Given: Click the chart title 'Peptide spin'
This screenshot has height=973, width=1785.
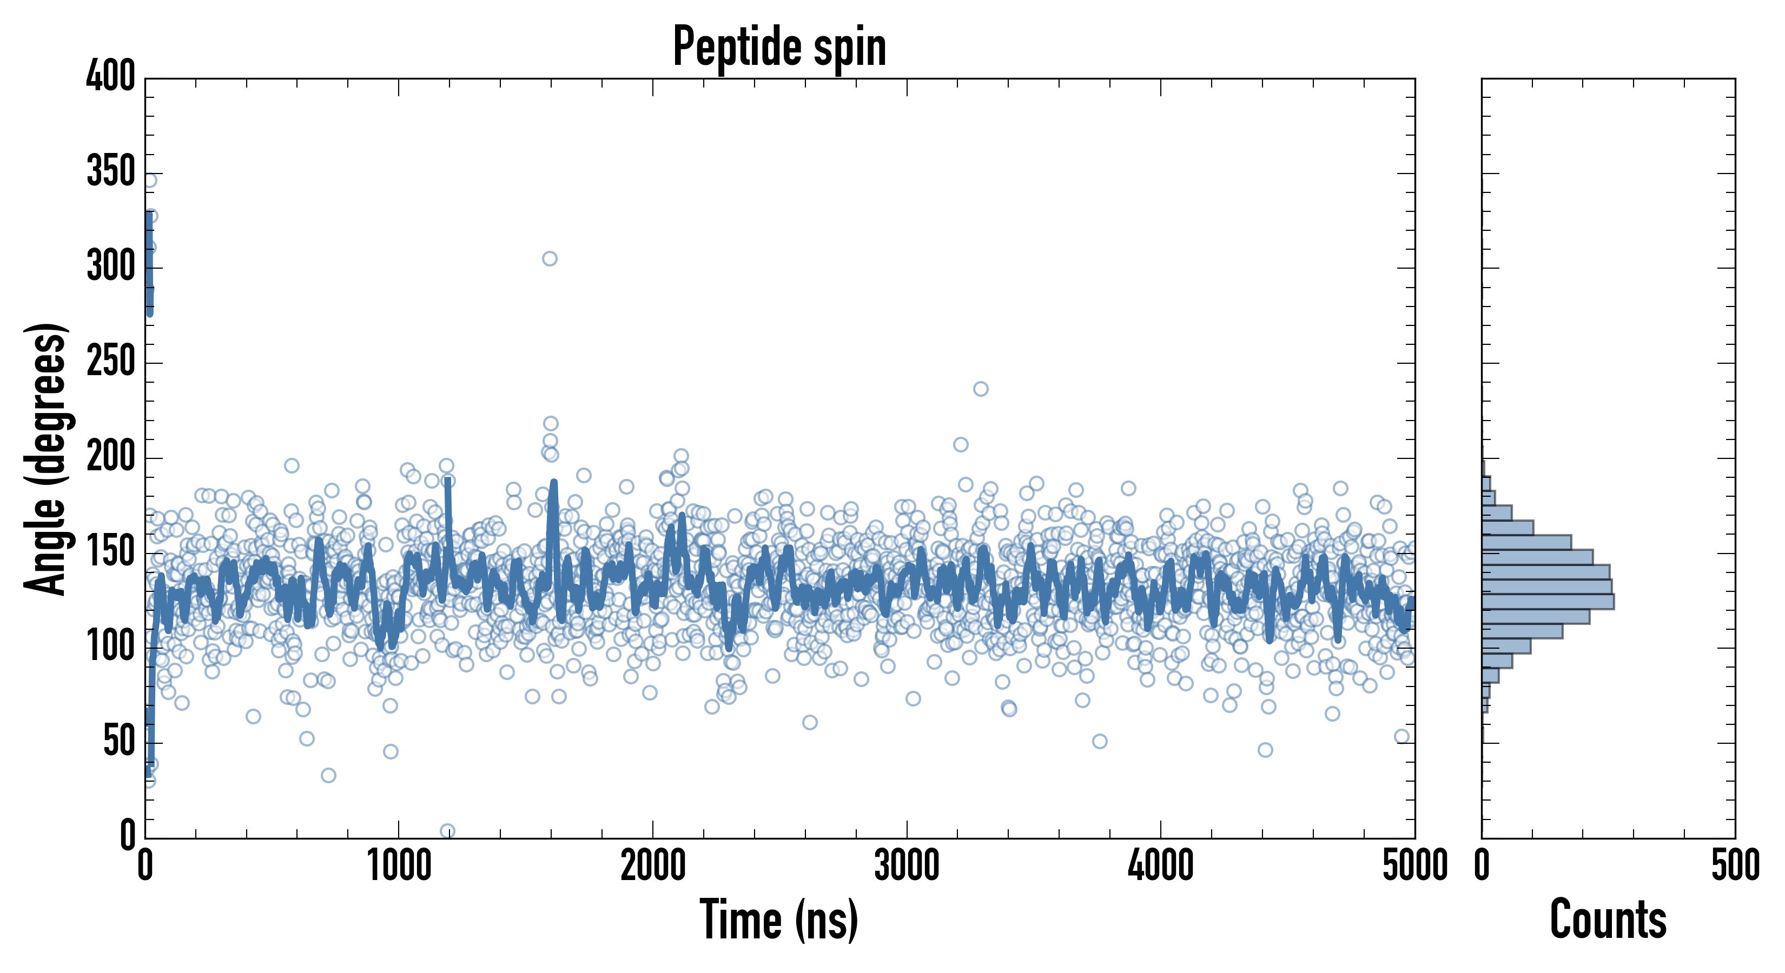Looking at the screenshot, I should (779, 47).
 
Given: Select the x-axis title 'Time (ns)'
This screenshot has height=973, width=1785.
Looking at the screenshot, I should (779, 919).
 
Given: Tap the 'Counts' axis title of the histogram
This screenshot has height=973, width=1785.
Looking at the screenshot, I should (1608, 919).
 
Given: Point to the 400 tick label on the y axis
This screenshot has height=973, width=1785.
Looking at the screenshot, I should (111, 77).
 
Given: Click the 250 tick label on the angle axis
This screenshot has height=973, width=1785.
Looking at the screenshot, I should (111, 362).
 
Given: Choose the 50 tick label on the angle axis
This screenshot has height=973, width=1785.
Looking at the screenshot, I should (119, 742).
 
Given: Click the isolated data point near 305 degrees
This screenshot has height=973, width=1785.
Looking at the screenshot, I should (550, 259).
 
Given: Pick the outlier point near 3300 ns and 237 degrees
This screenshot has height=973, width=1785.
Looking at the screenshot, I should (981, 389).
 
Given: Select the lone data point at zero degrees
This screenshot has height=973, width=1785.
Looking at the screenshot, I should (448, 831).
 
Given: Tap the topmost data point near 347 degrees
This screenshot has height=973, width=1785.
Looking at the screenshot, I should (150, 181).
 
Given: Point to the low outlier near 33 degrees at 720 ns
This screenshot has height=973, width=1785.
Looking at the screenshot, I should (328, 775).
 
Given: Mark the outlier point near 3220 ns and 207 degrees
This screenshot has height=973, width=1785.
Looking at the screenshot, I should (961, 444).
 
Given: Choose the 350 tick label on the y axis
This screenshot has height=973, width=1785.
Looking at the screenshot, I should (111, 172).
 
